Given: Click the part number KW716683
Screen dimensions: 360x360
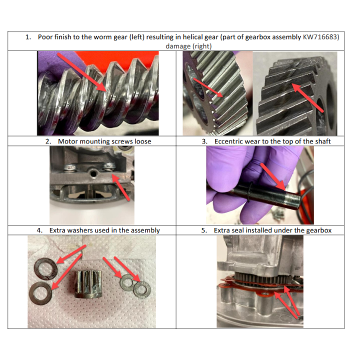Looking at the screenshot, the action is (x=321, y=37).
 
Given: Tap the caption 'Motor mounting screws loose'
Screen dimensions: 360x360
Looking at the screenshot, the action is (x=104, y=141).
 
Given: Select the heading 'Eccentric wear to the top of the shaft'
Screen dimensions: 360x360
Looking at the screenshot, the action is (x=272, y=141).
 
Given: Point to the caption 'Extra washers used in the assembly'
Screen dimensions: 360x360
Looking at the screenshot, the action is (x=104, y=230).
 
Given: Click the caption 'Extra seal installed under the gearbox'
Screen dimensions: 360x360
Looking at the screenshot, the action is (x=272, y=230).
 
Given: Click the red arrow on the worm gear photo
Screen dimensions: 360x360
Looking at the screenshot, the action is (x=82, y=72).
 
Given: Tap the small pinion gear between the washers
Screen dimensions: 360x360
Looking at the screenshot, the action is (x=88, y=284).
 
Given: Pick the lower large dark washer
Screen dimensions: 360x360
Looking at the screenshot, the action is (x=40, y=293).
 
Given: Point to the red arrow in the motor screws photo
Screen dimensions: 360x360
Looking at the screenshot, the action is (x=120, y=187).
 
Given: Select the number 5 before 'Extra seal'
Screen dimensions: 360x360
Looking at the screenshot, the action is (x=203, y=230).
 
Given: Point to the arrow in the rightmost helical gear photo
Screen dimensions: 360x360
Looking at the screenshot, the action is (x=307, y=98).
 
